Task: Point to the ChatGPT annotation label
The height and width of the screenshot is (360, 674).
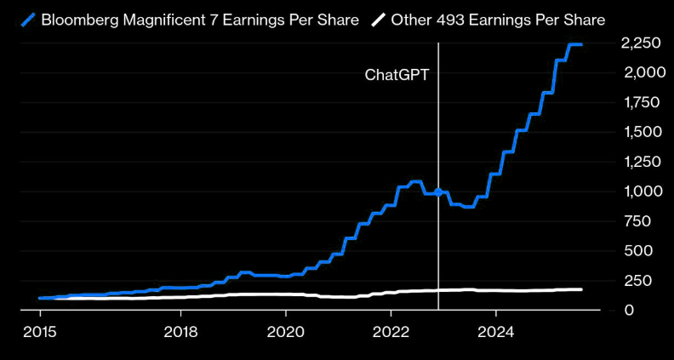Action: point(397,75)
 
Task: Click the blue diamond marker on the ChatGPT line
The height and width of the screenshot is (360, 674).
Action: point(438,192)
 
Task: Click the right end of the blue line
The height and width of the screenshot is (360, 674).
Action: point(581,44)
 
